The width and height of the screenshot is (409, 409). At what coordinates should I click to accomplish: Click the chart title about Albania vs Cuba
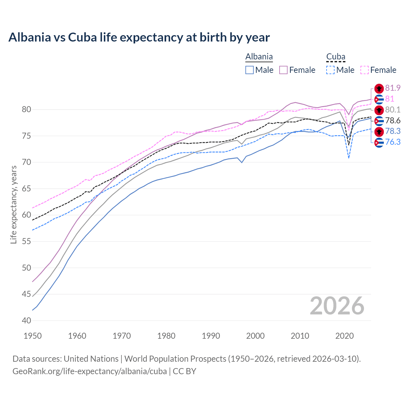139,37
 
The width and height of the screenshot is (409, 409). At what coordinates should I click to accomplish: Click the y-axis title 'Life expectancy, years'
13,204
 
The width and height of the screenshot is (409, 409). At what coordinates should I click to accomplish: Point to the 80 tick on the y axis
27,110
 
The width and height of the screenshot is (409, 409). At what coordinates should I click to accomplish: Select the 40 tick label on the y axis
27,320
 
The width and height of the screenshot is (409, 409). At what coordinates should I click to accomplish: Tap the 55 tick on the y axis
27,241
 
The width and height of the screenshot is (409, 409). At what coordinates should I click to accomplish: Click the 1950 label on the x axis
33,336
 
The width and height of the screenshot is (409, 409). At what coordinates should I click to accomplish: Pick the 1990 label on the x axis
211,336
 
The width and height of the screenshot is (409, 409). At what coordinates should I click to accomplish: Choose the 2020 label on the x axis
344,336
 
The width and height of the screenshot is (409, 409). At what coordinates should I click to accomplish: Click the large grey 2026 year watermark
337,306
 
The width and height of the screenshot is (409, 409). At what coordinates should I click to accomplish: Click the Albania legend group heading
259,57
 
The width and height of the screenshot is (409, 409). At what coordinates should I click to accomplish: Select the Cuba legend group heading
336,57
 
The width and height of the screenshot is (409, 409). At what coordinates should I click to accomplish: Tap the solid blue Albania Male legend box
250,70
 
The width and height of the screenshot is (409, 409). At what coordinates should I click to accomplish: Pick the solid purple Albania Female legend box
283,70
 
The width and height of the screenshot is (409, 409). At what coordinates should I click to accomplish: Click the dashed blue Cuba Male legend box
330,70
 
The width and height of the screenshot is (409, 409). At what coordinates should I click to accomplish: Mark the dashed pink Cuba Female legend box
364,70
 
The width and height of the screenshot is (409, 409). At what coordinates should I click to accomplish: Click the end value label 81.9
393,88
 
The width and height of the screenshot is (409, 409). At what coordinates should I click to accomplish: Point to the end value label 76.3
393,142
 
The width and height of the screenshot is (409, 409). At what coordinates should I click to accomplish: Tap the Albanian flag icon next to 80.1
379,110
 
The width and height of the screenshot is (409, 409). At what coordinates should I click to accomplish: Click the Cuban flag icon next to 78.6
379,121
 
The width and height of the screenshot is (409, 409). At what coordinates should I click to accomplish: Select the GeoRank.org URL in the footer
89,371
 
